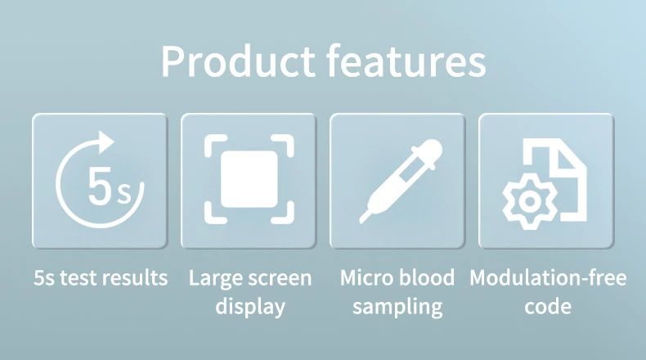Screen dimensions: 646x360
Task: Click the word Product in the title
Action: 238,61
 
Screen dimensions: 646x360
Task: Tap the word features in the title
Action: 406,61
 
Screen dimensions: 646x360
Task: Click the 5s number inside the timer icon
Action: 110,186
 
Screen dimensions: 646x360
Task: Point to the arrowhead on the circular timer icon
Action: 105,142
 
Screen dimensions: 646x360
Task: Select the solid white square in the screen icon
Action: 249,179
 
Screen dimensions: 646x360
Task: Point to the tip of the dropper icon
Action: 361,222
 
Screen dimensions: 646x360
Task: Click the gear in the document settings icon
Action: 530,201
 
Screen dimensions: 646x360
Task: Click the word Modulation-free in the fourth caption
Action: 548,277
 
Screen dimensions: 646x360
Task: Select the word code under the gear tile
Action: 548,306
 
